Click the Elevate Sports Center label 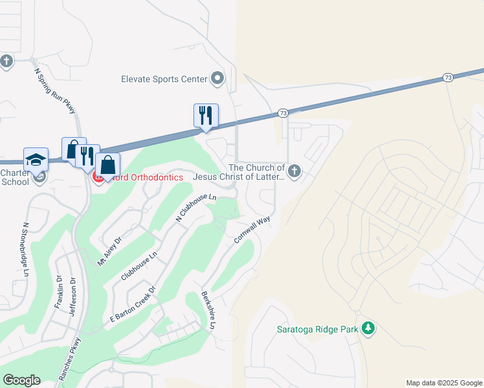click(x=164, y=79)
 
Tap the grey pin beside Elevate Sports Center click(x=217, y=79)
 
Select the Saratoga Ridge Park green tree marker click(x=368, y=329)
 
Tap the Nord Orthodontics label click(x=148, y=177)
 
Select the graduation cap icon click(x=36, y=160)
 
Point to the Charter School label click(x=15, y=177)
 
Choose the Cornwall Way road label click(x=252, y=230)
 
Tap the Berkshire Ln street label click(x=208, y=310)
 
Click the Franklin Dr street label click(x=58, y=293)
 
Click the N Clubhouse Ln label click(x=196, y=209)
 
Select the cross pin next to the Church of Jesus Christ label click(x=294, y=172)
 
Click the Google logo click(x=21, y=380)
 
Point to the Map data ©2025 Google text click(x=443, y=383)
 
